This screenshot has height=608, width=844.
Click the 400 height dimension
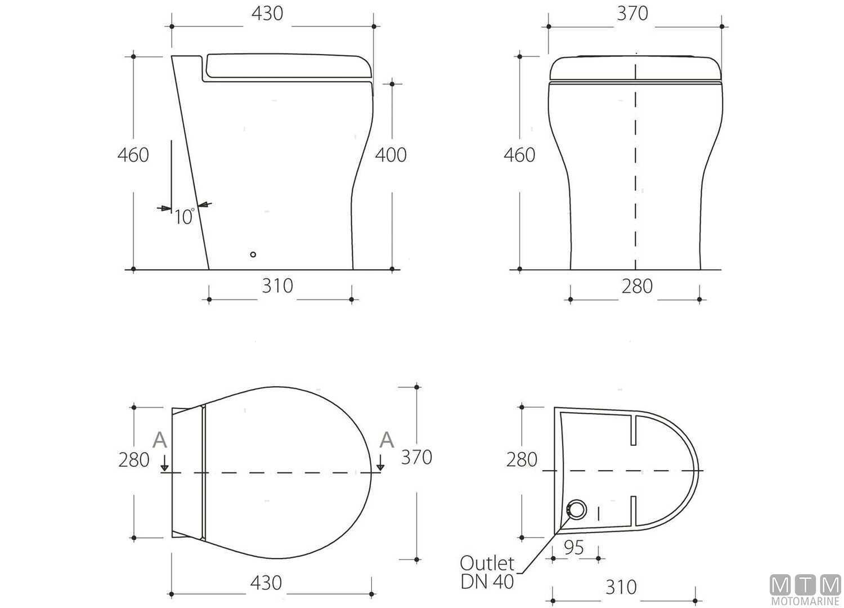[x=390, y=155]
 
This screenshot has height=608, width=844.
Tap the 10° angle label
[x=184, y=216]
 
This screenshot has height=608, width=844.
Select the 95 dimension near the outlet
[x=574, y=547]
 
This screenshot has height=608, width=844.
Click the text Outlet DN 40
[x=487, y=572]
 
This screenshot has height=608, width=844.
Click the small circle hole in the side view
[x=253, y=254]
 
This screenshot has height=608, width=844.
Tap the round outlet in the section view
[x=576, y=510]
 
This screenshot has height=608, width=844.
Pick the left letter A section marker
[x=160, y=440]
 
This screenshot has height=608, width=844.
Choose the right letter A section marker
[x=387, y=439]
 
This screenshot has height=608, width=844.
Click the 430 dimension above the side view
[x=267, y=14]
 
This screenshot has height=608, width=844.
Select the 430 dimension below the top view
[x=266, y=582]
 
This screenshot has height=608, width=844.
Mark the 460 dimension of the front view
[x=519, y=155]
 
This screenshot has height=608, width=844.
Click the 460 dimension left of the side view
[x=133, y=155]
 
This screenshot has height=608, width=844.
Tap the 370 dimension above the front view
[x=632, y=14]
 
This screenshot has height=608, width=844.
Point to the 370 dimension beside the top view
[x=416, y=457]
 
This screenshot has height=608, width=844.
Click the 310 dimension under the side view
[x=277, y=286]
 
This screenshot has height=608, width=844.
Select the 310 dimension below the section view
[x=621, y=587]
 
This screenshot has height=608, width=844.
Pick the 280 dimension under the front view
[x=637, y=286]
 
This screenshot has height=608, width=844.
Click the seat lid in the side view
[x=287, y=65]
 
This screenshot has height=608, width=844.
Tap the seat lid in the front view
[x=635, y=68]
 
